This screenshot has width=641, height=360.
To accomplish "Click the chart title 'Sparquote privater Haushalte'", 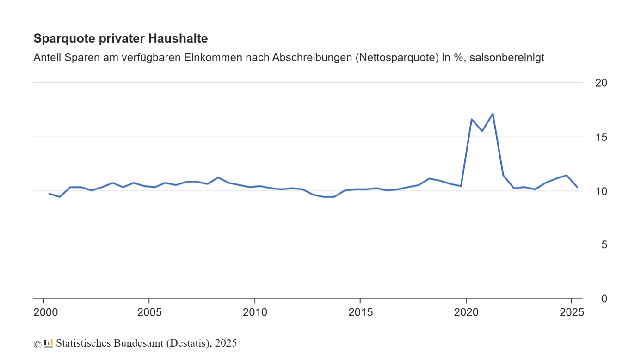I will [x=121, y=39].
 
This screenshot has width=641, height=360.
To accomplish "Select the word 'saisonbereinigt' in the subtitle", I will [x=507, y=58].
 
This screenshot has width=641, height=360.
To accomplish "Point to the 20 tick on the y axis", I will [x=601, y=83].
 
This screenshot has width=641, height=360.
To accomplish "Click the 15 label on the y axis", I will [x=601, y=137].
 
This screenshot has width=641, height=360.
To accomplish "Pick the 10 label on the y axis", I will [x=601, y=191].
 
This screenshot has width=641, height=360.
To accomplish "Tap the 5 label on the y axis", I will [x=604, y=244].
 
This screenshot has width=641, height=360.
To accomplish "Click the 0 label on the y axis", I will [x=604, y=299].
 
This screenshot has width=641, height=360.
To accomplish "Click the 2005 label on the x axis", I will [x=149, y=312].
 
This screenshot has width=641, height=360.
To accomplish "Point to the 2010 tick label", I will [x=255, y=312].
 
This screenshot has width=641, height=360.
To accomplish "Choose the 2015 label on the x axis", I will [x=360, y=312].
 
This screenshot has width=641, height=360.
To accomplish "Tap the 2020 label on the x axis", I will [x=466, y=312].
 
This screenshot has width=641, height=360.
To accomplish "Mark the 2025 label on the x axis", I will [x=572, y=312].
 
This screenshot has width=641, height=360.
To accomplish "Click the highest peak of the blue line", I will [x=493, y=114].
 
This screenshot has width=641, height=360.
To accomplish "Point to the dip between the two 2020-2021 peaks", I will [x=482, y=131].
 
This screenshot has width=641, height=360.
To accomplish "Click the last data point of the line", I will [x=577, y=187].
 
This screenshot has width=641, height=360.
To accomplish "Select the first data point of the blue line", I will [x=49, y=194].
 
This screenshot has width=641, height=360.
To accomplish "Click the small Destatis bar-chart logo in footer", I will [x=49, y=343].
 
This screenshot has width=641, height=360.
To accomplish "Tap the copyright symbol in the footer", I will [x=37, y=344].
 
